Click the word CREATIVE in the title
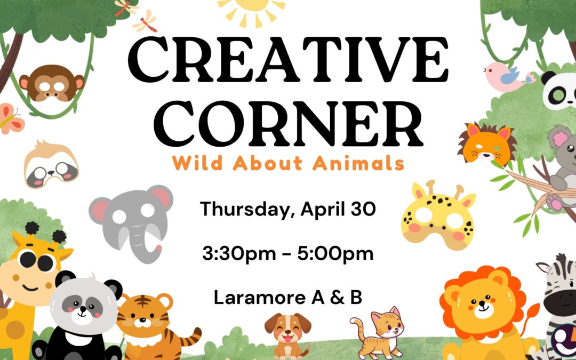289,60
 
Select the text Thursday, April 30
288,210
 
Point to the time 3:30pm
239,254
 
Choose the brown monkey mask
52,83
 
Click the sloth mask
51,164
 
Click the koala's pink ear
560,139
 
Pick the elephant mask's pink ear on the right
161,198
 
